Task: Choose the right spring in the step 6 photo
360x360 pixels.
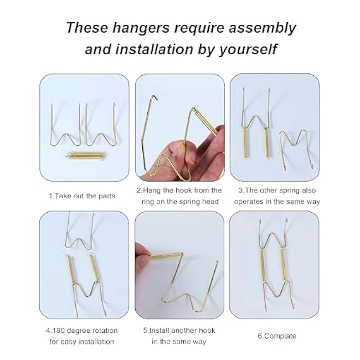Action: tap(289, 260)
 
